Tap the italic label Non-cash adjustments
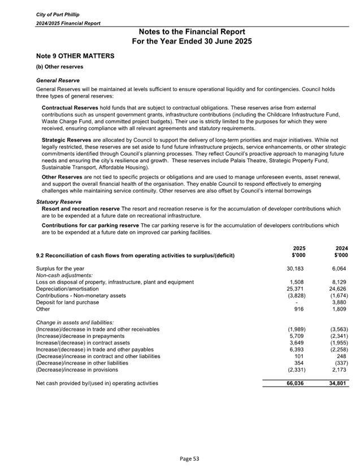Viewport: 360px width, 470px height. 59,275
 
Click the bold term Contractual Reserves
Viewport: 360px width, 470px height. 70,107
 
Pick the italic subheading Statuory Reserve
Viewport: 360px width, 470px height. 59,202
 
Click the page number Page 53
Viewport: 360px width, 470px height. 180,459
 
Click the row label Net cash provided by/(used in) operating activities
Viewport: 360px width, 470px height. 97,383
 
